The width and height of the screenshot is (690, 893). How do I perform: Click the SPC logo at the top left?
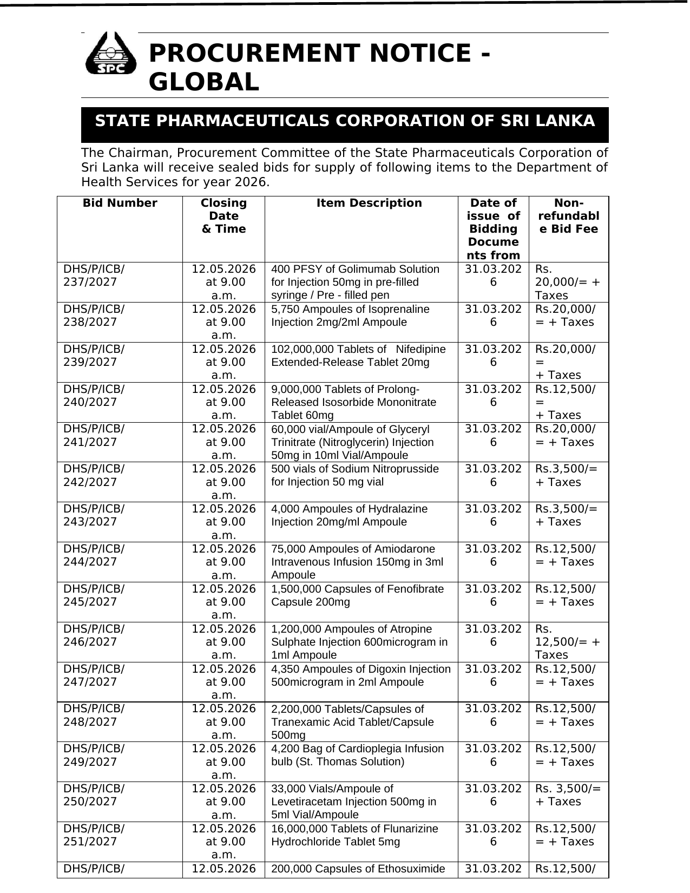(x=110, y=54)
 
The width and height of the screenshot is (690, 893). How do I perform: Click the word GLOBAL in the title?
(x=204, y=82)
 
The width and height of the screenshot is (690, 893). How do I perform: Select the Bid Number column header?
(x=120, y=203)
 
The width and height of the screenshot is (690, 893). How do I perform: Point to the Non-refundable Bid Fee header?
(x=568, y=216)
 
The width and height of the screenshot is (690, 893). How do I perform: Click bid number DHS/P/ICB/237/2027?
(x=94, y=275)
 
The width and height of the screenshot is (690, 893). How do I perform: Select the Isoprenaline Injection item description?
(x=350, y=316)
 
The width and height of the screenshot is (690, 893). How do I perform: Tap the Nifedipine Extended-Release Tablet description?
(x=358, y=356)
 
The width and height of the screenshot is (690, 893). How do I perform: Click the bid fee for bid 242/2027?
(x=566, y=475)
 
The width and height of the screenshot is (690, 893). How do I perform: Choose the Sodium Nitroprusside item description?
(x=354, y=475)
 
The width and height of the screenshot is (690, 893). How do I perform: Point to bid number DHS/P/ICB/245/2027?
(x=94, y=595)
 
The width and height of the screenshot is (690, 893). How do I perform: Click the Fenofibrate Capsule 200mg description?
(x=357, y=595)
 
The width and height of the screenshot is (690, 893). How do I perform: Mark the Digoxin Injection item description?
(x=360, y=675)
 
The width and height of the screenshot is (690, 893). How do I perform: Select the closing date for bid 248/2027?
(x=224, y=721)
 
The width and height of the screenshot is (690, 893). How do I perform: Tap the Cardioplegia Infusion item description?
(x=357, y=755)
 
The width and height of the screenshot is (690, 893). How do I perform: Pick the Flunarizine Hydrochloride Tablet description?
(x=354, y=835)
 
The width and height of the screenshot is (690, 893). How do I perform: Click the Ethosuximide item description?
(x=358, y=869)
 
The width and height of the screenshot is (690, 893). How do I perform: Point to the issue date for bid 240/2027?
(x=493, y=396)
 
